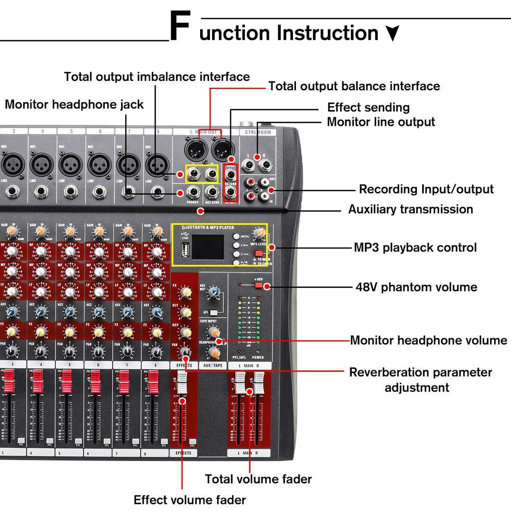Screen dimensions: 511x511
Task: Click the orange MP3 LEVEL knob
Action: (259, 233)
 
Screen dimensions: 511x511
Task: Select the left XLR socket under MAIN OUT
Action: (193, 148)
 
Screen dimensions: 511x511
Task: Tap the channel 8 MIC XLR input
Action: (157, 164)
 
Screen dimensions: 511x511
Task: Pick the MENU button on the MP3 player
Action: (236, 237)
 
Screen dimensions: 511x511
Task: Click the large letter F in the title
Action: (179, 28)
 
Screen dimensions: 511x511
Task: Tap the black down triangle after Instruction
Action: (393, 33)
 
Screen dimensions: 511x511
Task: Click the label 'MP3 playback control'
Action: (415, 248)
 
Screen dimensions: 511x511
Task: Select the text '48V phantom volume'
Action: (416, 287)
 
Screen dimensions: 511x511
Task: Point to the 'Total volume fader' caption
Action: (258, 479)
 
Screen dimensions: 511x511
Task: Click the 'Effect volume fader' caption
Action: (190, 500)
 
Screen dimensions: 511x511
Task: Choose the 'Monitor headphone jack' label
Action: (74, 104)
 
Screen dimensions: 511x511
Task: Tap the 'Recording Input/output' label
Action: (426, 189)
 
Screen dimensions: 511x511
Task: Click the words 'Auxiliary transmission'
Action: (410, 209)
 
